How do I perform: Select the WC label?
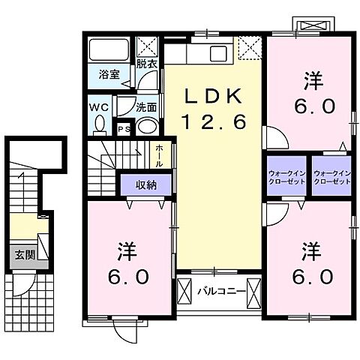coord(99,108)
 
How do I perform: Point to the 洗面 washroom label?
coord(145,106)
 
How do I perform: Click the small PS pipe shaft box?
coord(124,130)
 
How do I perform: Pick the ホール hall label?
coord(159,154)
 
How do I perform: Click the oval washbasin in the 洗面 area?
coord(147,126)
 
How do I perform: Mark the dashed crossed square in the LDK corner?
coord(247,50)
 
